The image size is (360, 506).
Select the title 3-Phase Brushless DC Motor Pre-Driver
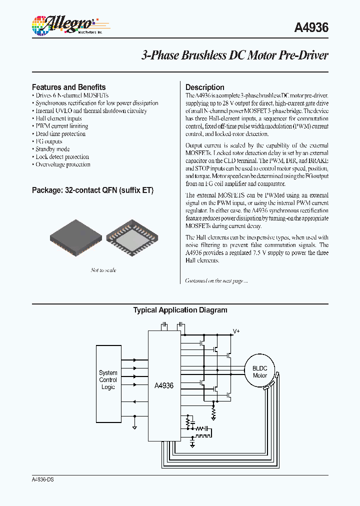234,55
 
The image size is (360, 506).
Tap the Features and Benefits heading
68,87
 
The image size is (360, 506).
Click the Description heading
204,87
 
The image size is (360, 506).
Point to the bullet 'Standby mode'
52,149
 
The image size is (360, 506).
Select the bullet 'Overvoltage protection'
62,164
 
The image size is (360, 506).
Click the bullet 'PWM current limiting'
61,126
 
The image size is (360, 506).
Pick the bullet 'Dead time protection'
60,134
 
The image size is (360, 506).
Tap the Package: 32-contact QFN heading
92,190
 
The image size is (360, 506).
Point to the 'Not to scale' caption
103,270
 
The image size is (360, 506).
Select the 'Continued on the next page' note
216,281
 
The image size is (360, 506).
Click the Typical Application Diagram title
180,310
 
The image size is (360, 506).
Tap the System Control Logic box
108,380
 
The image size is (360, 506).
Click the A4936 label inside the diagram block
163,385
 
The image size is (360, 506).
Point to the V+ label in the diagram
236,331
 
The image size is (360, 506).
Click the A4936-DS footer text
42,479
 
